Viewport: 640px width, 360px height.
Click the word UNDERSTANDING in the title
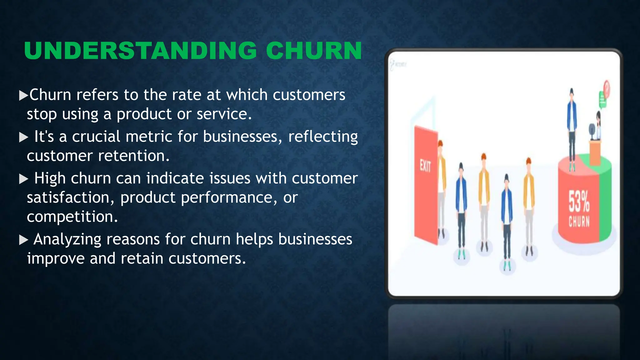tap(140, 51)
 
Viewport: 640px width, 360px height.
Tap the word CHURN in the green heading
tap(314, 51)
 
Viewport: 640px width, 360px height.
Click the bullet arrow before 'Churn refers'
tap(23, 95)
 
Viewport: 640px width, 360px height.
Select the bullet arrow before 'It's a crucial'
tap(23, 137)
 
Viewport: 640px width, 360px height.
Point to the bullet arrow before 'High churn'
tap(23, 179)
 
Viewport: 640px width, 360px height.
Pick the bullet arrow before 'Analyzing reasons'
tap(23, 240)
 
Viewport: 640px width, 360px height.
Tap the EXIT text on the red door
tap(425, 166)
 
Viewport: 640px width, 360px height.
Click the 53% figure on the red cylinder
tap(579, 201)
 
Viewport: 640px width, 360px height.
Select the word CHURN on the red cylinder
tap(579, 222)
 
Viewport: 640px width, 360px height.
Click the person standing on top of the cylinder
tap(572, 128)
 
